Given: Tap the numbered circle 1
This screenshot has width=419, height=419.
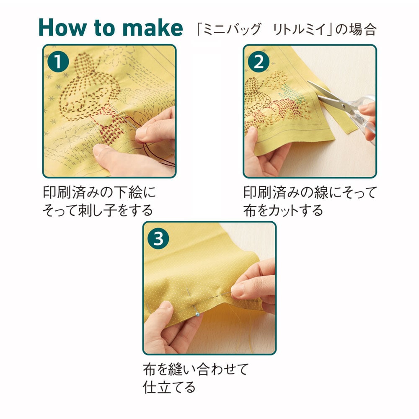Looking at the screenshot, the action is tap(58, 62).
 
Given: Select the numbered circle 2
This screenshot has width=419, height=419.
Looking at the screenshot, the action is tap(259, 62).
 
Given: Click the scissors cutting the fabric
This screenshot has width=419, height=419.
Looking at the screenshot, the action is tap(345, 107).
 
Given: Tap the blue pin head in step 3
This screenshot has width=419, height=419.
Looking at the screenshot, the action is tap(197, 315).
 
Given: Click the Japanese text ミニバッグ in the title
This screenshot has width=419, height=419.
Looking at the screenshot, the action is tap(232, 29).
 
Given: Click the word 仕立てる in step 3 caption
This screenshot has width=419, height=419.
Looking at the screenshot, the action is tap(169, 387).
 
